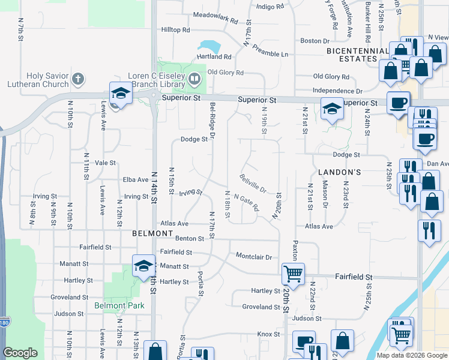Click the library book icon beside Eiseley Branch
click(x=194, y=78)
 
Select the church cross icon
click(x=77, y=79)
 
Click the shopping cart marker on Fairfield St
click(x=293, y=274)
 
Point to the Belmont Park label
click(x=119, y=305)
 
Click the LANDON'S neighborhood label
click(x=343, y=172)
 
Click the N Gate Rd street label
click(x=246, y=203)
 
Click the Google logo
click(x=20, y=353)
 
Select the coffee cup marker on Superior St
click(x=398, y=102)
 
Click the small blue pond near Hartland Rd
click(x=208, y=47)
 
